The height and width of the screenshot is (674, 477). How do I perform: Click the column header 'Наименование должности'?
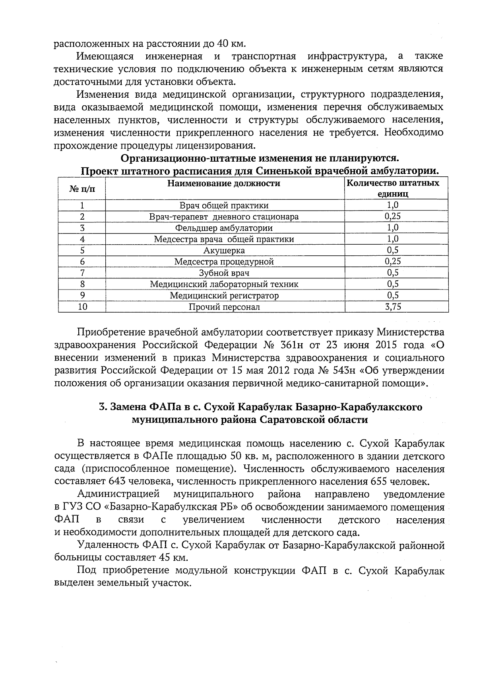click(x=224, y=183)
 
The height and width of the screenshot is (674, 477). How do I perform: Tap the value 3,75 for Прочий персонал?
click(x=393, y=307)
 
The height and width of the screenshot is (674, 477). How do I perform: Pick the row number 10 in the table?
click(x=82, y=307)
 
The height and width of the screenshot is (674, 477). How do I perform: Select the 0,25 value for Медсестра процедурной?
click(x=393, y=261)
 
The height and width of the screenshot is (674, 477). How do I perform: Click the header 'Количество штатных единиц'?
click(x=393, y=189)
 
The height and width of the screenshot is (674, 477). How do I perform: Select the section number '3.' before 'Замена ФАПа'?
click(x=103, y=407)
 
